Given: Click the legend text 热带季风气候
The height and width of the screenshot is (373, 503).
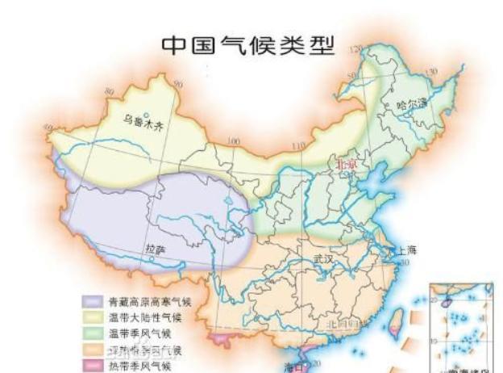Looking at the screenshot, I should (x=137, y=367).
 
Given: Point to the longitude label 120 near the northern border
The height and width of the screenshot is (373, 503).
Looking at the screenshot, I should (x=355, y=51).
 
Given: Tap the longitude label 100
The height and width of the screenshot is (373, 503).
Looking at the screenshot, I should (x=234, y=142).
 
